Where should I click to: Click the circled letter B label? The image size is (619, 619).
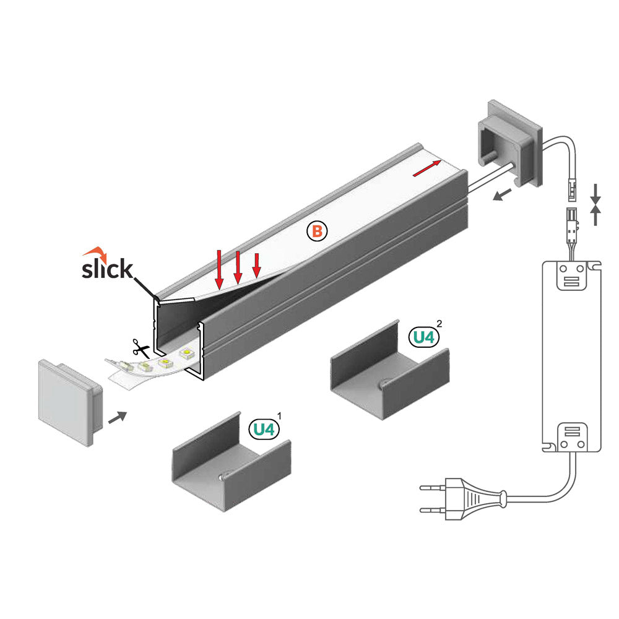tap(316, 232)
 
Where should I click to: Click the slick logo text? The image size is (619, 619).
tap(107, 269)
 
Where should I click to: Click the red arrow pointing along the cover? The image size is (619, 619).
tap(428, 168)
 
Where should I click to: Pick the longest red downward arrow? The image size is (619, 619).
tap(219, 269)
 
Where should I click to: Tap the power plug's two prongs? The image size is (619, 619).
tap(433, 499)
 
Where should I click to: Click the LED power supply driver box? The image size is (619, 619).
tap(571, 356)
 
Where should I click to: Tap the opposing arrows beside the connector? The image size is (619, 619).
tap(595, 204)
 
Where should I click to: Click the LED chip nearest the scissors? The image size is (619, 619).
tap(142, 367)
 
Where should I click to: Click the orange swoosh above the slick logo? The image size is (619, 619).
tap(95, 253)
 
